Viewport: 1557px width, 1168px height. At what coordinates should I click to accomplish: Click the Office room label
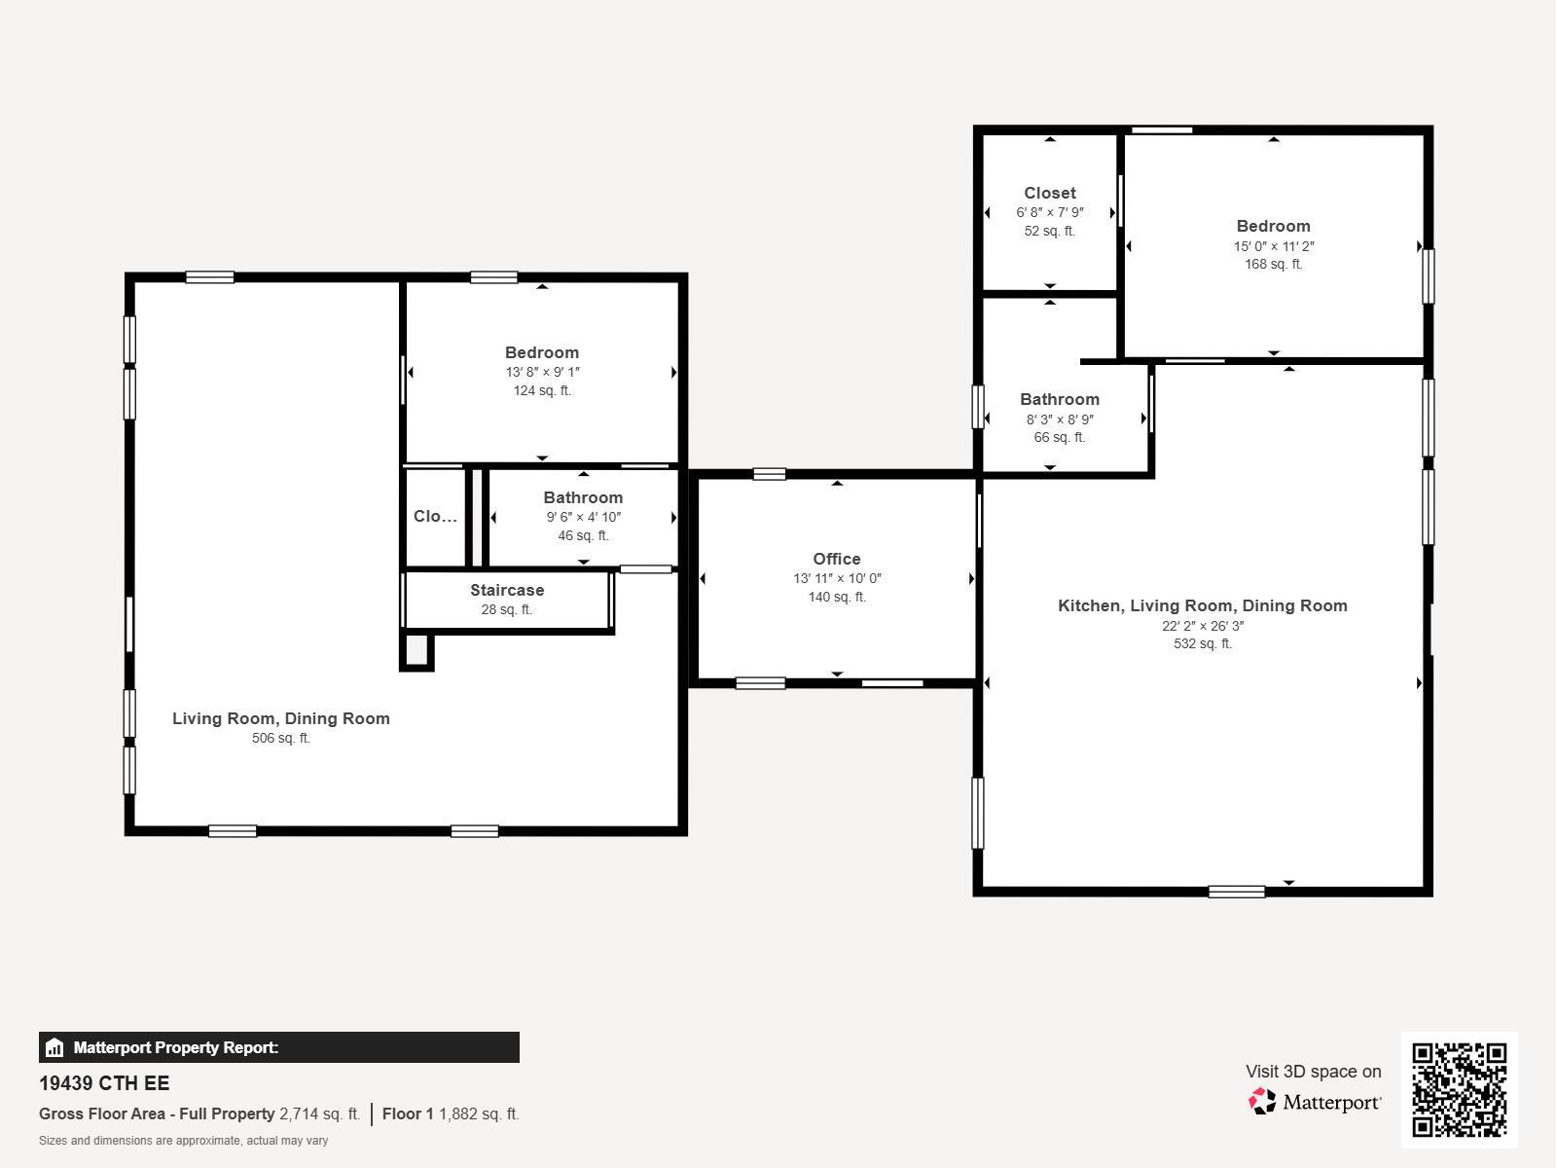pyautogui.click(x=836, y=559)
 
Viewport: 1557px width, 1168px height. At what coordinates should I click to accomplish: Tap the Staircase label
pyautogui.click(x=507, y=590)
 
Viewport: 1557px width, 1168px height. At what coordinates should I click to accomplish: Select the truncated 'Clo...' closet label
pyautogui.click(x=435, y=516)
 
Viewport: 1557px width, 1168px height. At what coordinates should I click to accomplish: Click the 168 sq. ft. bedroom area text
pyautogui.click(x=1273, y=264)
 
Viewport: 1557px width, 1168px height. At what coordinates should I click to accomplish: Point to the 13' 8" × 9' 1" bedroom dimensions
pyautogui.click(x=542, y=372)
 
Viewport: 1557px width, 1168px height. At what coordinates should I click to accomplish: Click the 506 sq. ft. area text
pyautogui.click(x=281, y=738)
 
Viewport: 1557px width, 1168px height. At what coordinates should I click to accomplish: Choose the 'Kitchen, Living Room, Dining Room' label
pyautogui.click(x=1203, y=605)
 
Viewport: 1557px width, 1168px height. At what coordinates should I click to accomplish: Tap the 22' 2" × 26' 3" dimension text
pyautogui.click(x=1203, y=626)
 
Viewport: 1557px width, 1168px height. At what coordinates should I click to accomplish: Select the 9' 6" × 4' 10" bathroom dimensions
pyautogui.click(x=583, y=517)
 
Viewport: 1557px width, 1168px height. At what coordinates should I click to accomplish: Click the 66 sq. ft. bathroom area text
pyautogui.click(x=1059, y=437)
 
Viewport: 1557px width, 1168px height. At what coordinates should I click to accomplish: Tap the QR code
pyautogui.click(x=1459, y=1090)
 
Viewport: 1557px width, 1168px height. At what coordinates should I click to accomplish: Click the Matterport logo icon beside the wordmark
pyautogui.click(x=1262, y=1102)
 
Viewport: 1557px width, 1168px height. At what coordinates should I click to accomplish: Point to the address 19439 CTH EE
pyautogui.click(x=104, y=1083)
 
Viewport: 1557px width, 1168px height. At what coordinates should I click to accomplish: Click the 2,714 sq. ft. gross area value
pyautogui.click(x=320, y=1113)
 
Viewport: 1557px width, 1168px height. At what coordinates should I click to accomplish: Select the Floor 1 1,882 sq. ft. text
pyautogui.click(x=451, y=1113)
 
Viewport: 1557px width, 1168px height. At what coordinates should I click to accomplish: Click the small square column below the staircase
pyautogui.click(x=417, y=650)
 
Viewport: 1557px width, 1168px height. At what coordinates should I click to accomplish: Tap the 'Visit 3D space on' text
pyautogui.click(x=1313, y=1072)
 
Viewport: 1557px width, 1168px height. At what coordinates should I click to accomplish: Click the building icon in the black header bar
pyautogui.click(x=54, y=1047)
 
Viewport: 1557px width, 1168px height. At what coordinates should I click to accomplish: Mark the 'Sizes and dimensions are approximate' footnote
pyautogui.click(x=183, y=1141)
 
